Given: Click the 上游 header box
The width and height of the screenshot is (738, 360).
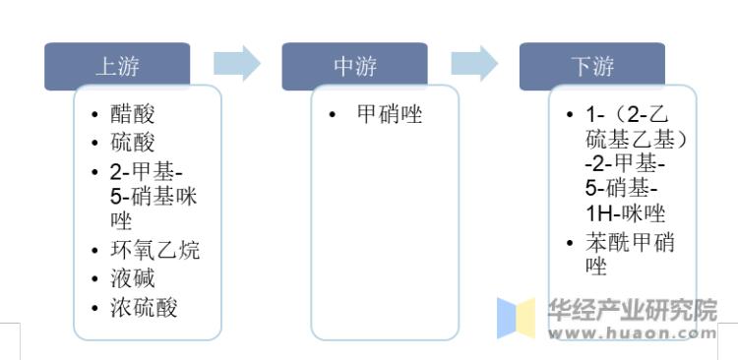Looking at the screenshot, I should (117, 66).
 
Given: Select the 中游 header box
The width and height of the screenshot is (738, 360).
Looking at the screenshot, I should (354, 66).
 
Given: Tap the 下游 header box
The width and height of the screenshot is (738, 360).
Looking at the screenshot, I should (592, 66).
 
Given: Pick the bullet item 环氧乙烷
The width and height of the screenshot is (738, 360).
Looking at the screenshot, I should (154, 250).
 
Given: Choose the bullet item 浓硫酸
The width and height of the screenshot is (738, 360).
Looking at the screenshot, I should (144, 307).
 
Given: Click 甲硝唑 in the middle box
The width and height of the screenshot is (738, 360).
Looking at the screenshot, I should (389, 115).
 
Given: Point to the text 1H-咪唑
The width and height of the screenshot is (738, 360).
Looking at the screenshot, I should (626, 213).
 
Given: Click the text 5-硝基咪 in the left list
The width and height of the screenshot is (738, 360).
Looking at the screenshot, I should (154, 196).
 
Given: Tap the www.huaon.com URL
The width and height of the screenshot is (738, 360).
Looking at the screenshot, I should (632, 334).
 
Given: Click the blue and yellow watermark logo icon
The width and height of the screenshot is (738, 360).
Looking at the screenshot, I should (516, 319).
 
